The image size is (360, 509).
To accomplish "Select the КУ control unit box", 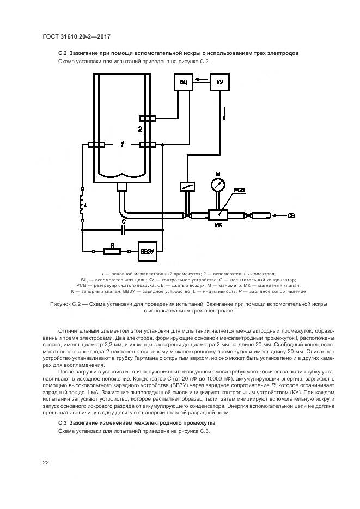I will tap(220, 82).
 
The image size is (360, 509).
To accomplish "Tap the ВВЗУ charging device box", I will tap(148, 251).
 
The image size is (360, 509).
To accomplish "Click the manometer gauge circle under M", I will tap(217, 184).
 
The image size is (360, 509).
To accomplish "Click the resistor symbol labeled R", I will tap(112, 252).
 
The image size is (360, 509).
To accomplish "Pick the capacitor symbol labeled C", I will tap(124, 229).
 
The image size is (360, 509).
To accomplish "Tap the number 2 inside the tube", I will tap(140, 130).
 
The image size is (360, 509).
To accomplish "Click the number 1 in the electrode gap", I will tap(123, 144).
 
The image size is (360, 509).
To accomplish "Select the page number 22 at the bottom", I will tap(46, 463).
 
